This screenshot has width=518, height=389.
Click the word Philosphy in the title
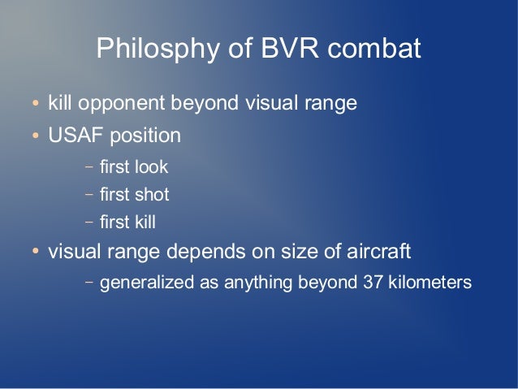158,49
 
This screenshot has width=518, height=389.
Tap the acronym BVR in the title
290,48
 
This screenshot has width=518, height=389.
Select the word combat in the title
374,48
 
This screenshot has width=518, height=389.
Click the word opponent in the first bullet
121,104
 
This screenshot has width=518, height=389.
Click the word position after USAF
145,136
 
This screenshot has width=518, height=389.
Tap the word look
151,166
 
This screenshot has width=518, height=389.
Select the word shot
152,194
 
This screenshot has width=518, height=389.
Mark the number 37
373,283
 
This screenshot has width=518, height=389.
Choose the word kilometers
430,283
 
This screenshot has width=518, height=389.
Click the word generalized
147,283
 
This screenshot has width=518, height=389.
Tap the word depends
205,252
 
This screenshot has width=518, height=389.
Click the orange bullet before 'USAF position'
36,135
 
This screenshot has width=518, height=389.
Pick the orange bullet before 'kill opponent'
36,103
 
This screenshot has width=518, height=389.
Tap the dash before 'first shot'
89,194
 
